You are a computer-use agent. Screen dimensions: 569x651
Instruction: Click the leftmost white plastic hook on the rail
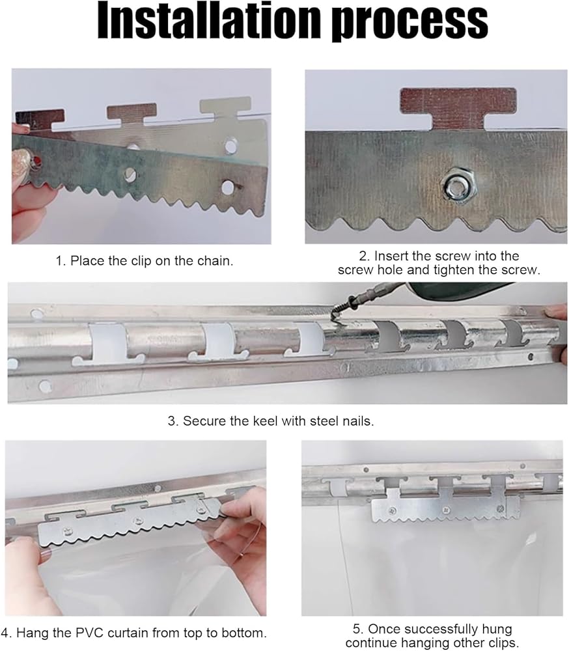[107, 343]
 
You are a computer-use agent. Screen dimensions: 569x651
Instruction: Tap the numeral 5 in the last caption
[356, 629]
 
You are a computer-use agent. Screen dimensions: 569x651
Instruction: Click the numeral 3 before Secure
[171, 421]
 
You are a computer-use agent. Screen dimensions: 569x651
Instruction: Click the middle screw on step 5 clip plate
[447, 510]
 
